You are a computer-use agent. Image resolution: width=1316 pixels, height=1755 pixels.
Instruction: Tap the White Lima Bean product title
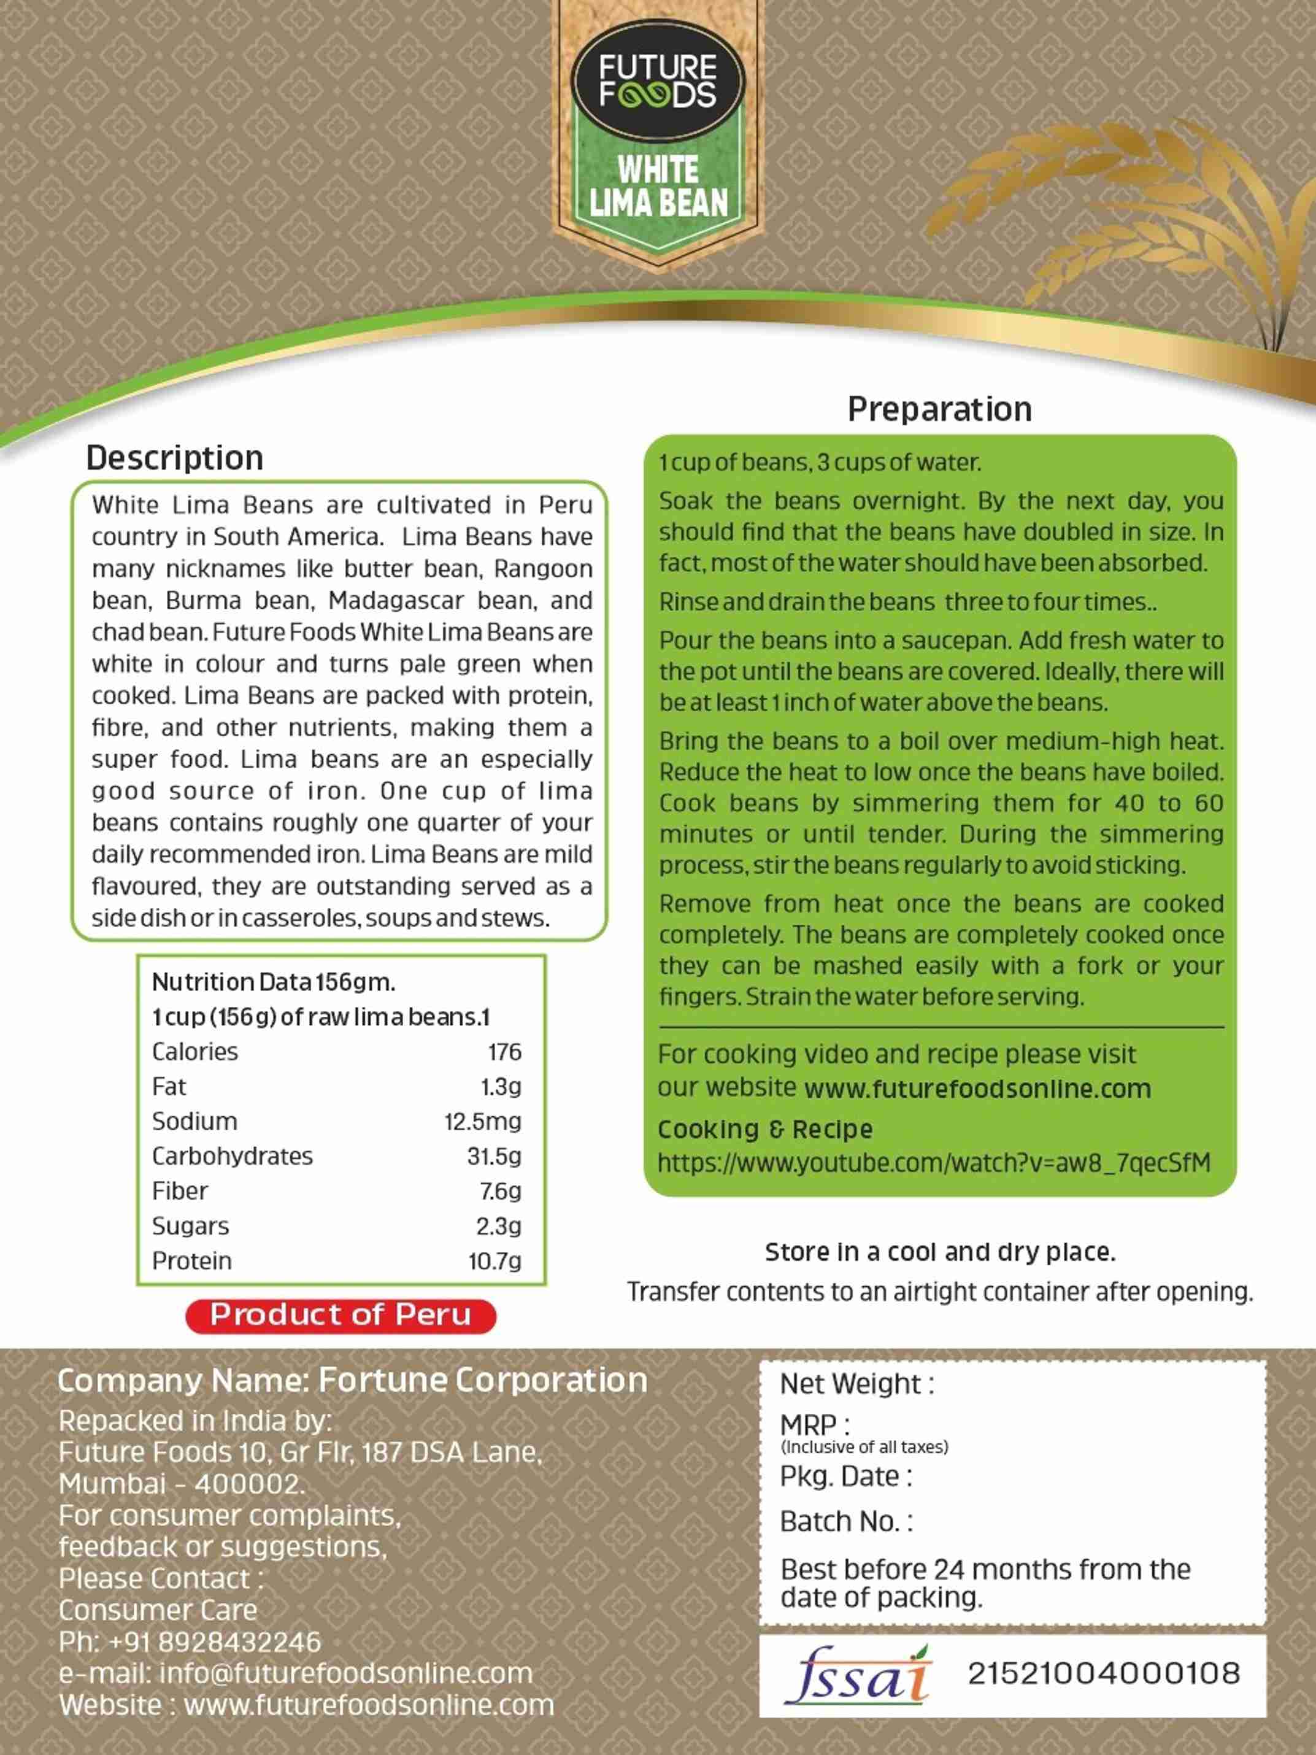(x=658, y=187)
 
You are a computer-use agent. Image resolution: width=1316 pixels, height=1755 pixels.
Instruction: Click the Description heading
(x=174, y=458)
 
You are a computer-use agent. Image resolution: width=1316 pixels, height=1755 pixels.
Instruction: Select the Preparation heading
(x=939, y=409)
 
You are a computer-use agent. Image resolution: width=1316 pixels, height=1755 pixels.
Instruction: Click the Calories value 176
(x=504, y=1052)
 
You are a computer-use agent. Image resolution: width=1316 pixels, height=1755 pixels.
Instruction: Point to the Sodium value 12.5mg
(x=482, y=1122)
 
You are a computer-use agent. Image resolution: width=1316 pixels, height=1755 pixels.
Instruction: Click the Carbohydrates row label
(x=233, y=1156)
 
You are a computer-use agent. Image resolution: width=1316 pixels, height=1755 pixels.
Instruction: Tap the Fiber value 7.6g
(x=500, y=1191)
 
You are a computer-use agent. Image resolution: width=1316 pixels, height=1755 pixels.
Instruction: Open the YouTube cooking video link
(x=934, y=1163)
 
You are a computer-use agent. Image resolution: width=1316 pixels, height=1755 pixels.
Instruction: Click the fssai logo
(x=856, y=1674)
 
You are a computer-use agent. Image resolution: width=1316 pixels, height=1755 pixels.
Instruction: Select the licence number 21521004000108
(x=1103, y=1674)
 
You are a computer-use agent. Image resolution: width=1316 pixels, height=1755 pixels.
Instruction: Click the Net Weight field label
(x=856, y=1384)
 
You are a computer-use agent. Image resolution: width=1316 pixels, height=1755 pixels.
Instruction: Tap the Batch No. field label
(x=845, y=1522)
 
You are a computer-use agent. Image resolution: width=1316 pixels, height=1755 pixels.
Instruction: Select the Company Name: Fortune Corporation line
(x=352, y=1381)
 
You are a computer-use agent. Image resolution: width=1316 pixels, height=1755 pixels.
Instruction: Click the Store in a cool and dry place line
(x=940, y=1252)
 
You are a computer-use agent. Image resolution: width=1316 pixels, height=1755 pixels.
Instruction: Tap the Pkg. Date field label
(x=845, y=1476)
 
